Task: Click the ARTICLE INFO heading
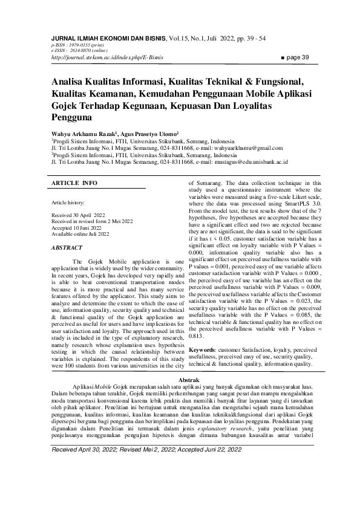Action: (x=74, y=182)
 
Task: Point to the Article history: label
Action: (x=68, y=204)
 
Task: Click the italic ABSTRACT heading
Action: (x=68, y=248)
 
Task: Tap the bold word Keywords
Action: (x=205, y=351)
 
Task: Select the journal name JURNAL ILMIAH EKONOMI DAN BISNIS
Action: (x=110, y=37)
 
